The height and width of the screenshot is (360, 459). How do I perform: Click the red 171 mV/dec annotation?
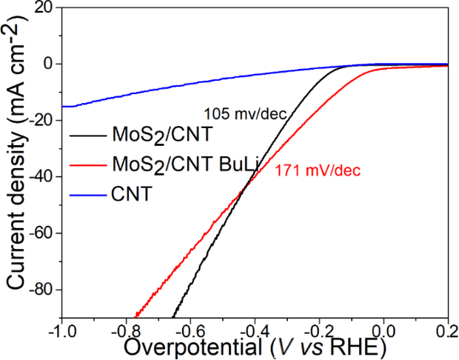pyautogui.click(x=318, y=171)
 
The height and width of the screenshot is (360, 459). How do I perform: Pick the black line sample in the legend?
pyautogui.click(x=87, y=136)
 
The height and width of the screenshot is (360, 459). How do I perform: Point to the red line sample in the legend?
pyautogui.click(x=87, y=166)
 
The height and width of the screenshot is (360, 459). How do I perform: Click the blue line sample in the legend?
pyautogui.click(x=87, y=196)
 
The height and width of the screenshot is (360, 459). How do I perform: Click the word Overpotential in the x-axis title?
pyautogui.click(x=192, y=347)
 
